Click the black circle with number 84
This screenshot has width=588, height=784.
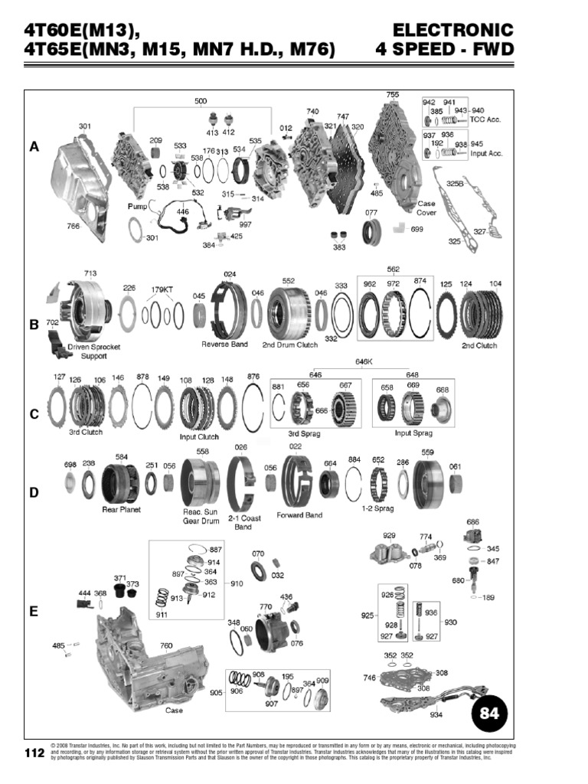coord(488,714)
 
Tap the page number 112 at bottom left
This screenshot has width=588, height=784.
coord(34,753)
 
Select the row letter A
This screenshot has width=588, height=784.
coord(34,147)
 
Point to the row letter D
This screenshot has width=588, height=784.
coord(34,492)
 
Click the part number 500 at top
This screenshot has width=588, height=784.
coord(200,101)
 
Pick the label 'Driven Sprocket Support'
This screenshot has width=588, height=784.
coord(94,351)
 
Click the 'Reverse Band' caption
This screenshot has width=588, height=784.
coord(224,345)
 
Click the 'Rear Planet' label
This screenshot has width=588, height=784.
coord(121,508)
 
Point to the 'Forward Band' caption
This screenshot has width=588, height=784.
coord(299,515)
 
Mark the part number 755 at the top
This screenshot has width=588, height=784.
coord(393,95)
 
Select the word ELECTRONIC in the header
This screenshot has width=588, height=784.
coord(452,31)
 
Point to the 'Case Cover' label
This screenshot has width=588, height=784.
coord(426,208)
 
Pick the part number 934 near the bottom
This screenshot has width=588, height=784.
coord(436,715)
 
